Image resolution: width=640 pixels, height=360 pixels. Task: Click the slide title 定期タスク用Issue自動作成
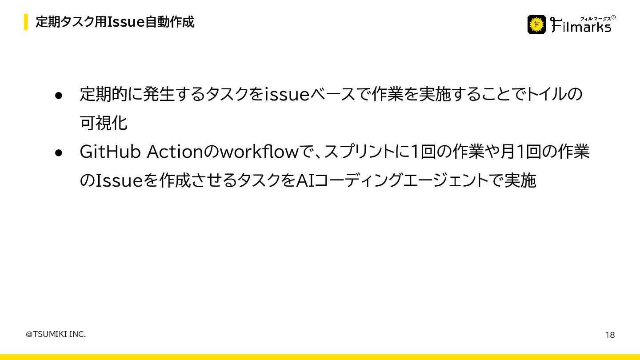pyautogui.click(x=115, y=22)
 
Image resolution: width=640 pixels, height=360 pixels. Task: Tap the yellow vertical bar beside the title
pyautogui.click(x=26, y=22)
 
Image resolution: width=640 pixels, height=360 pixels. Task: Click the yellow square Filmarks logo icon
pyautogui.click(x=536, y=24)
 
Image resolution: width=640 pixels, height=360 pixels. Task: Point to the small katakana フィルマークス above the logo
pyautogui.click(x=596, y=18)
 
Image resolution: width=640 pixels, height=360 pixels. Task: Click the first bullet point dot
pyautogui.click(x=58, y=95)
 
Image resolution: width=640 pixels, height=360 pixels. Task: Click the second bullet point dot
pyautogui.click(x=58, y=152)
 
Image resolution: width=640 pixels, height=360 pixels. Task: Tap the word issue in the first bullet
pyautogui.click(x=287, y=95)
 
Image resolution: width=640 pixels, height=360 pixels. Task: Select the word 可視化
pyautogui.click(x=104, y=123)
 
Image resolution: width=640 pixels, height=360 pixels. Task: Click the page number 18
pyautogui.click(x=610, y=335)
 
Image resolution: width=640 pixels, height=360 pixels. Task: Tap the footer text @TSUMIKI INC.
pyautogui.click(x=56, y=334)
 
